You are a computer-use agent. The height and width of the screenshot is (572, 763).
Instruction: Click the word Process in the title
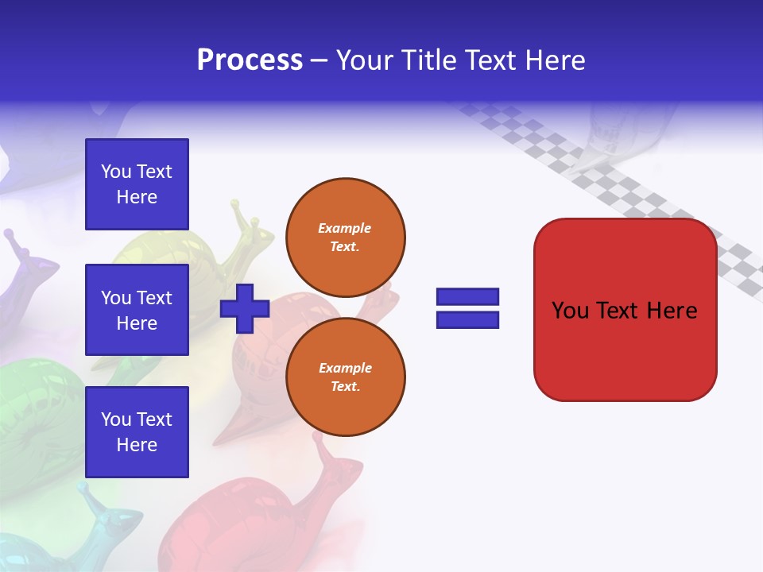click(x=250, y=60)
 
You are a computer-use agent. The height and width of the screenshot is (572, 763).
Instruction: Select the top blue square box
click(x=137, y=184)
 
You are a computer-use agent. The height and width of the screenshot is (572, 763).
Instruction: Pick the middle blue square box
click(x=137, y=310)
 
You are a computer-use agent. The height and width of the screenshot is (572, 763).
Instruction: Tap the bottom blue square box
click(x=137, y=432)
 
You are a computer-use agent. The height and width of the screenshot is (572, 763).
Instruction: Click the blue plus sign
click(x=245, y=309)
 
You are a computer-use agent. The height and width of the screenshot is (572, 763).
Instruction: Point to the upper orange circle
click(x=346, y=238)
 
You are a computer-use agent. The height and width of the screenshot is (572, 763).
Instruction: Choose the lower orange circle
click(x=346, y=377)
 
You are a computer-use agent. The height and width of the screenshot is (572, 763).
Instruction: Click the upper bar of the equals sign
click(x=467, y=296)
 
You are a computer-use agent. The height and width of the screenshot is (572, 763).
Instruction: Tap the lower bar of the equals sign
click(x=467, y=320)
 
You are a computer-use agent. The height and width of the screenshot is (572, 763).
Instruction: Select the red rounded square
click(x=626, y=310)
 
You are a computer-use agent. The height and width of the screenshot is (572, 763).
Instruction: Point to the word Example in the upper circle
click(x=344, y=228)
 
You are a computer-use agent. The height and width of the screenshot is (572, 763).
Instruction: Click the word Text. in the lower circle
click(x=346, y=386)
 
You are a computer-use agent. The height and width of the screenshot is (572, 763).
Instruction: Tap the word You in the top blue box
click(x=115, y=172)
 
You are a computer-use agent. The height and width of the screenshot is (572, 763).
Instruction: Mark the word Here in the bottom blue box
click(x=137, y=445)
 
